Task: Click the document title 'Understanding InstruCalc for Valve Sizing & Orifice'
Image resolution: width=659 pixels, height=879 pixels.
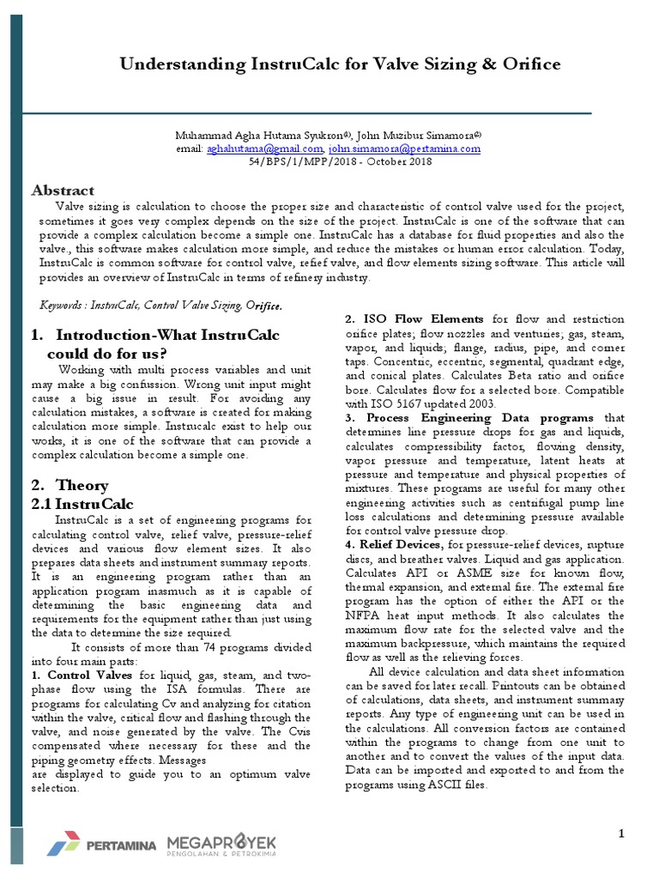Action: coord(339,64)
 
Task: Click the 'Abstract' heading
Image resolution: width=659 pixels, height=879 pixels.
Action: coord(63,191)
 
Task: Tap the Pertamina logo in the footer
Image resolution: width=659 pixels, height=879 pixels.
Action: coord(101,846)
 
